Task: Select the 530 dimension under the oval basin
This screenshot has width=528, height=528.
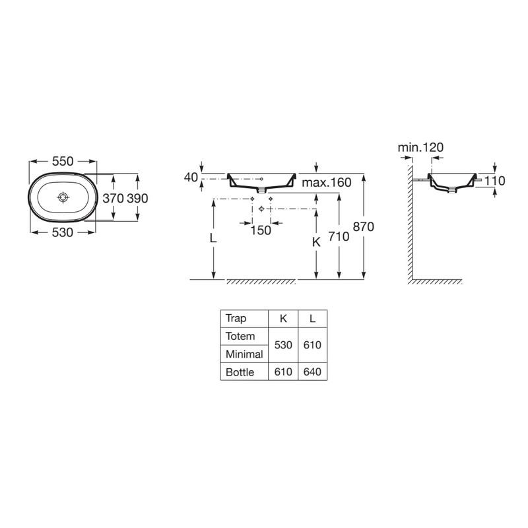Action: pyautogui.click(x=63, y=231)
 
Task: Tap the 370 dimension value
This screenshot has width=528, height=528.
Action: pyautogui.click(x=113, y=198)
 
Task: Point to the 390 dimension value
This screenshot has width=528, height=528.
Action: pyautogui.click(x=137, y=198)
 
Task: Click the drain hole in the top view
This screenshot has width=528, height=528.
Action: pyautogui.click(x=63, y=197)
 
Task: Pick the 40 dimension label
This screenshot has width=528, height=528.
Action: pyautogui.click(x=191, y=177)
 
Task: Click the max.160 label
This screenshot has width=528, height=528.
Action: pyautogui.click(x=327, y=182)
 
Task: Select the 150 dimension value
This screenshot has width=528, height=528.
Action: pyautogui.click(x=261, y=230)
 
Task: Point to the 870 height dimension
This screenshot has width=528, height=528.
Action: pyautogui.click(x=363, y=227)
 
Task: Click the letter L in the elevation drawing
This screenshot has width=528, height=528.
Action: pyautogui.click(x=213, y=239)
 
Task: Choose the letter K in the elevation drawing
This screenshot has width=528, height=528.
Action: pyautogui.click(x=316, y=242)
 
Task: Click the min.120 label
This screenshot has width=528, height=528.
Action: pyautogui.click(x=420, y=148)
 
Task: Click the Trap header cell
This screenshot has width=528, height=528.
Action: pyautogui.click(x=236, y=318)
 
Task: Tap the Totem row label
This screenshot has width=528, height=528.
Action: pyautogui.click(x=240, y=336)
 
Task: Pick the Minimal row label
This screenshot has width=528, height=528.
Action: pyautogui.click(x=244, y=354)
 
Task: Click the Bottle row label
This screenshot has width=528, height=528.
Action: pyautogui.click(x=240, y=372)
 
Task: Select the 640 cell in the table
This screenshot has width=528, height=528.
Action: pyautogui.click(x=313, y=372)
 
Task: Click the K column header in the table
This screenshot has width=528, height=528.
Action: pyautogui.click(x=283, y=318)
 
